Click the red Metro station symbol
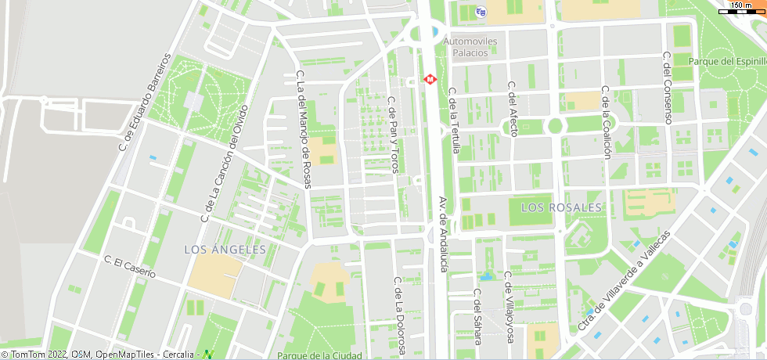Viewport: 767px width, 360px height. (430, 79)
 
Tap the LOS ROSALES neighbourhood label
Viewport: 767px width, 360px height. (561, 207)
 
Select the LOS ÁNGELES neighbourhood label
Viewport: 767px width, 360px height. (225, 249)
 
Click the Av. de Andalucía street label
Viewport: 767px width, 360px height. (443, 234)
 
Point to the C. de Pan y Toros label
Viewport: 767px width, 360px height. (394, 134)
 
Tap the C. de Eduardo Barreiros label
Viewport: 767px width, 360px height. (144, 102)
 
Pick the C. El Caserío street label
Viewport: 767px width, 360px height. (130, 267)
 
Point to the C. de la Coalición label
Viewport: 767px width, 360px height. (606, 122)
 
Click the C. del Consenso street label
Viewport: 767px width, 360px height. (668, 88)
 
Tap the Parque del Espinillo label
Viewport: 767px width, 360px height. (727, 61)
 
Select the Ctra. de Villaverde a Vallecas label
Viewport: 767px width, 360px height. (624, 281)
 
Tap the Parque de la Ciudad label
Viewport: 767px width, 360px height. (319, 355)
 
